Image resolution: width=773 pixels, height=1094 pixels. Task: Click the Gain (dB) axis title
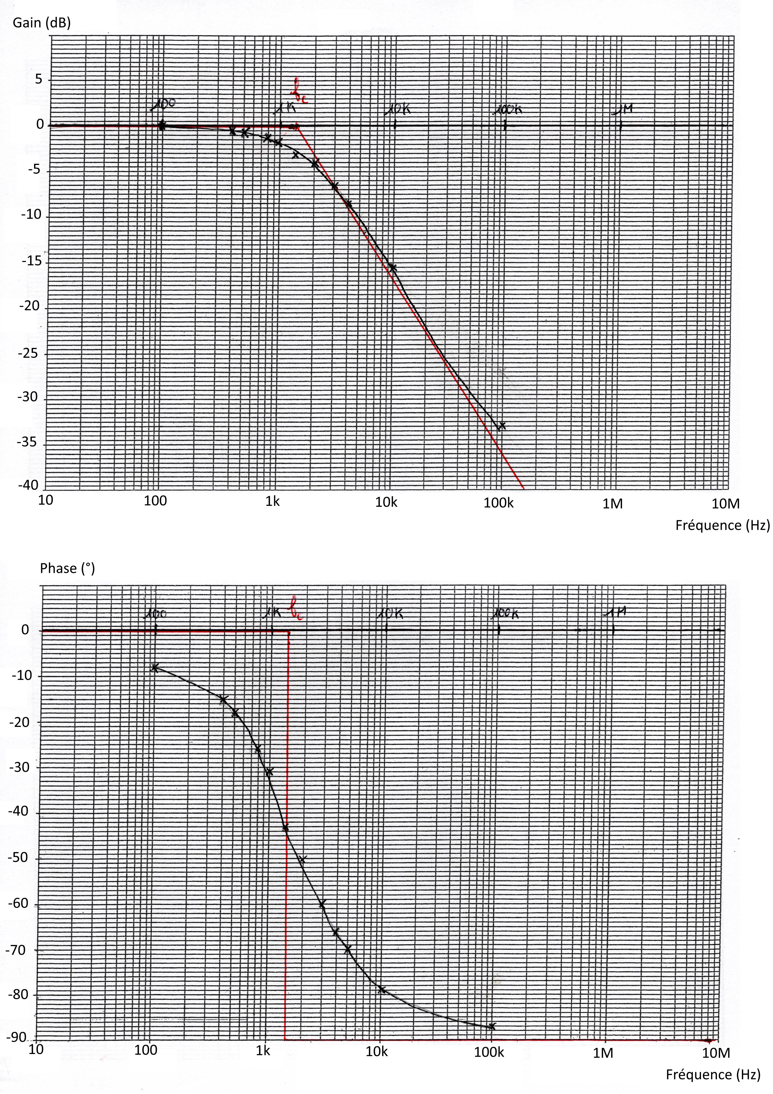(42, 23)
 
